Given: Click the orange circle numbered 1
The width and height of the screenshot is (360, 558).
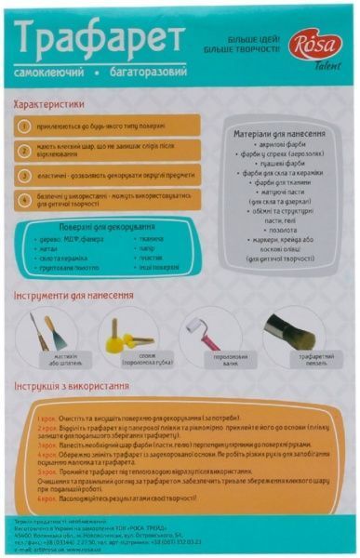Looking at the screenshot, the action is click(31, 124).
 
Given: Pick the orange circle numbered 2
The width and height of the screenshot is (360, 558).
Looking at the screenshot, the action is click(31, 150).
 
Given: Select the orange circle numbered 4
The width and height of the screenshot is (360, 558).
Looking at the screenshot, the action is click(31, 199).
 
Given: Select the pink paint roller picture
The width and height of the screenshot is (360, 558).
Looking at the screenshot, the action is click(204, 331).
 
